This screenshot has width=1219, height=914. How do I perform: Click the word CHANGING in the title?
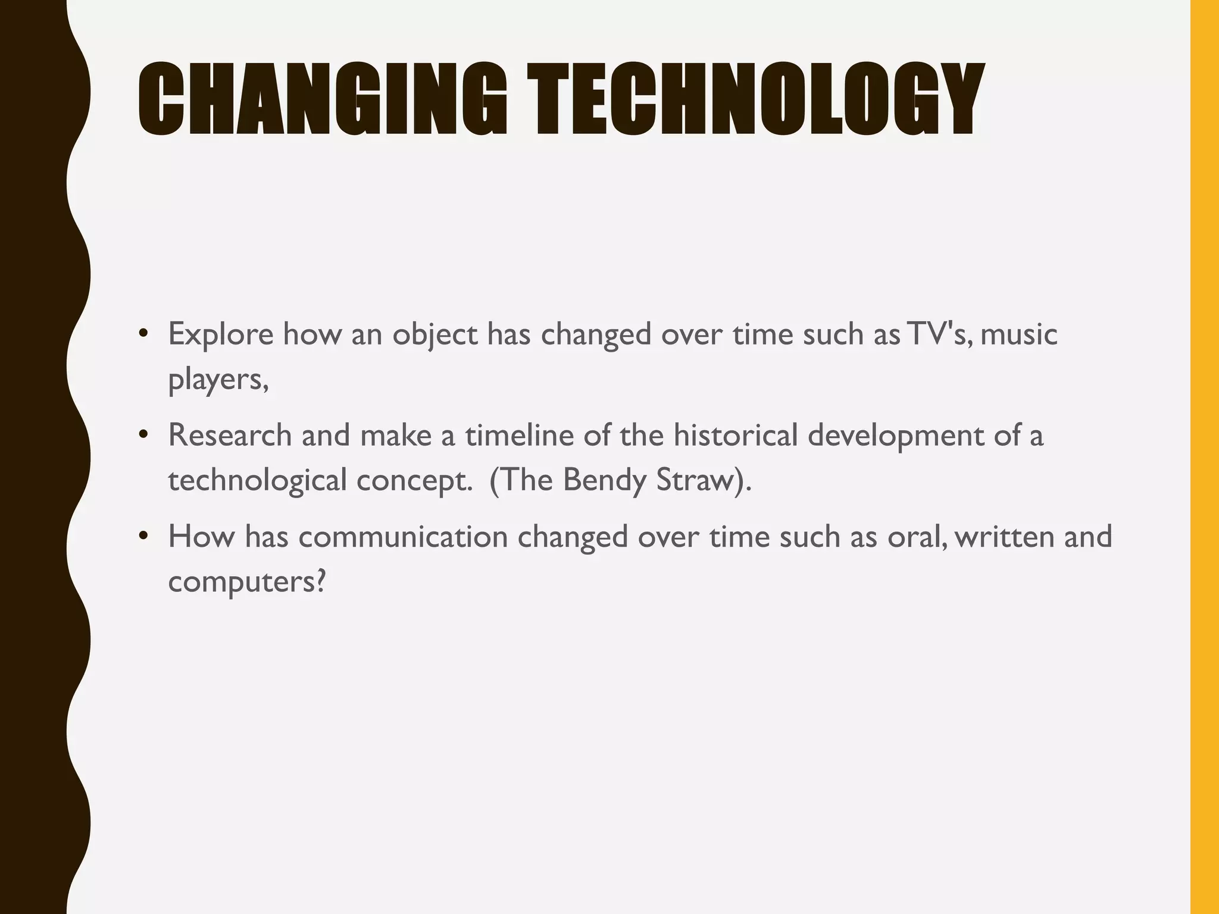[322, 99]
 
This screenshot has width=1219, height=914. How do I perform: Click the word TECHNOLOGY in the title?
[755, 99]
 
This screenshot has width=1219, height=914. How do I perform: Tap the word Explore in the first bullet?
[220, 334]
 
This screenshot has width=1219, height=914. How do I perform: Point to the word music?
[1018, 334]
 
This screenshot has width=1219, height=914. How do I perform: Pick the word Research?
[230, 435]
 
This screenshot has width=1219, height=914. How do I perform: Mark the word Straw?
[699, 480]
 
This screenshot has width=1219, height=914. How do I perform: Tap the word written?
[1004, 536]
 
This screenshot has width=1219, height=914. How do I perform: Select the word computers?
[246, 582]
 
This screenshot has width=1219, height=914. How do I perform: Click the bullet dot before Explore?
[142, 334]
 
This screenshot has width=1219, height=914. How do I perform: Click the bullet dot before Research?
[142, 435]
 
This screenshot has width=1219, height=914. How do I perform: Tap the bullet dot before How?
[142, 536]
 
